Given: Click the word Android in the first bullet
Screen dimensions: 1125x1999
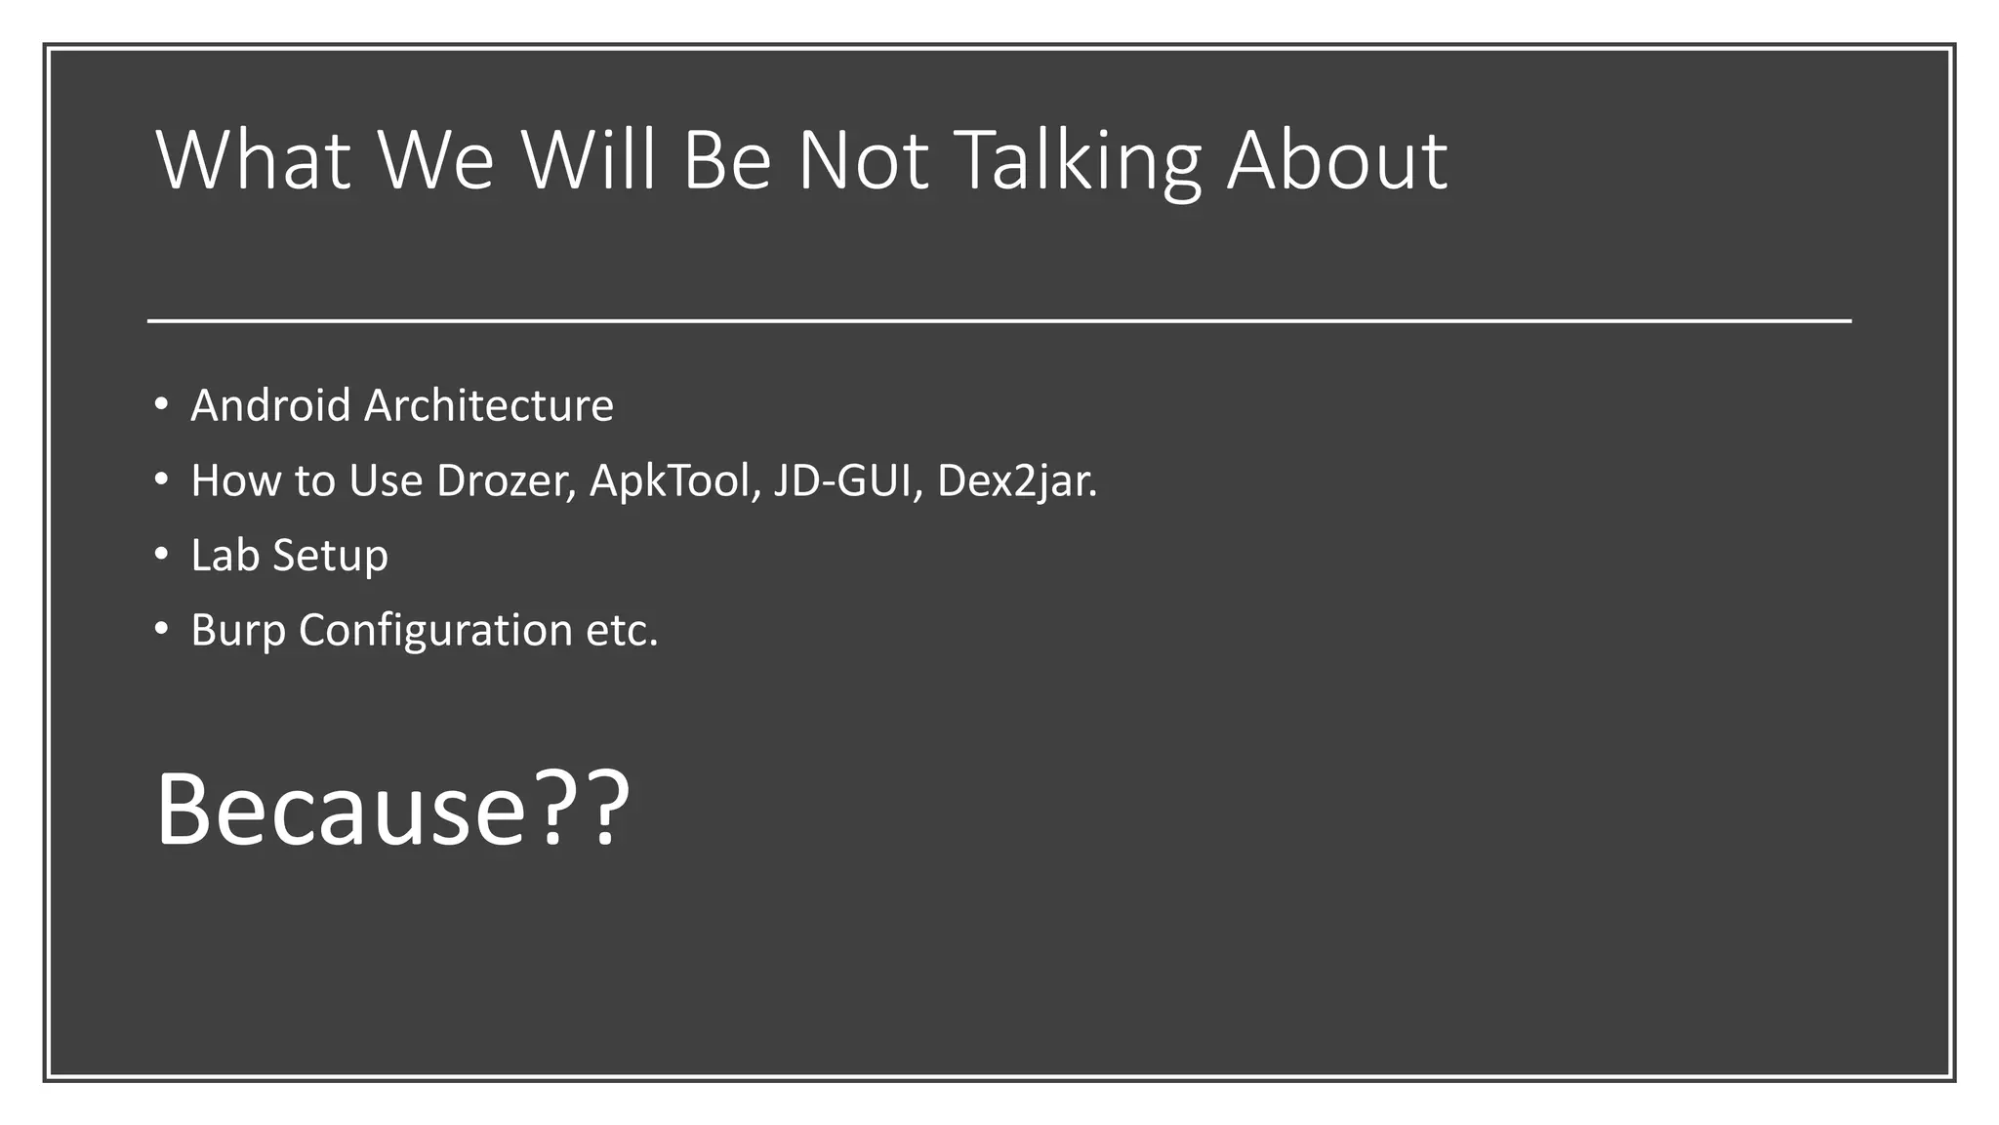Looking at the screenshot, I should pos(270,405).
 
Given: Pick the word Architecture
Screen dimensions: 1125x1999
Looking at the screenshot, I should pos(489,405).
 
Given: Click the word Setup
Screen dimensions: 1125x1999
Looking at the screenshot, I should pos(330,557).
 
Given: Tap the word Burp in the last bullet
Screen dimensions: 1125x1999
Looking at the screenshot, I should pos(238,631).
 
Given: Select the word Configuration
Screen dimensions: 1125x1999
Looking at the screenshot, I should pos(435,631).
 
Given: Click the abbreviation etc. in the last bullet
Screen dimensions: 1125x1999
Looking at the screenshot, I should pos(622,631).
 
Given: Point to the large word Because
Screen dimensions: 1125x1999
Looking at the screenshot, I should pos(341,810).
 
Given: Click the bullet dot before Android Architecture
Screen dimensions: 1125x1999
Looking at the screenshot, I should pos(162,403).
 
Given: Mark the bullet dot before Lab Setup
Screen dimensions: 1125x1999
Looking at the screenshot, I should pos(162,554).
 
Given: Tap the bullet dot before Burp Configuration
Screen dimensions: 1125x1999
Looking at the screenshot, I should pos(162,629).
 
